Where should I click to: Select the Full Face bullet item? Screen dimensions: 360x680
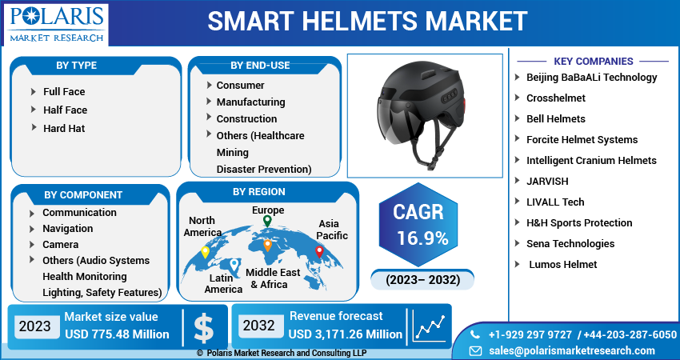(64, 91)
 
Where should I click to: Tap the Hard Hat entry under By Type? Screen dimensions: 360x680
(64, 128)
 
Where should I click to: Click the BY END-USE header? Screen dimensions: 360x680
(260, 65)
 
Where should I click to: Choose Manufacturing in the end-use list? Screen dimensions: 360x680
(250, 102)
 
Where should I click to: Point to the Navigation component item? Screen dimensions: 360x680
(68, 228)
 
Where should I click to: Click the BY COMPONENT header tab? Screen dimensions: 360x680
(83, 194)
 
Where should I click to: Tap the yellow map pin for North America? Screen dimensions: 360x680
(205, 251)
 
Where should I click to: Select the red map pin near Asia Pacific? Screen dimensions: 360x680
(319, 250)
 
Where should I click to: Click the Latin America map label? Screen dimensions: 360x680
(223, 283)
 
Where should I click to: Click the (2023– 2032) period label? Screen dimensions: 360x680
(422, 280)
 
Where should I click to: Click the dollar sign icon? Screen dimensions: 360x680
(203, 326)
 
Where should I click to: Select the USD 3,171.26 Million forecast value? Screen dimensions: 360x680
(346, 334)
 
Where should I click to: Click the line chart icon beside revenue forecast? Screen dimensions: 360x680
(429, 326)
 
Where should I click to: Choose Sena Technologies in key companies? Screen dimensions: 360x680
(570, 243)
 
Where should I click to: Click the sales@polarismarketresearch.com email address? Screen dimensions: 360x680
(571, 350)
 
